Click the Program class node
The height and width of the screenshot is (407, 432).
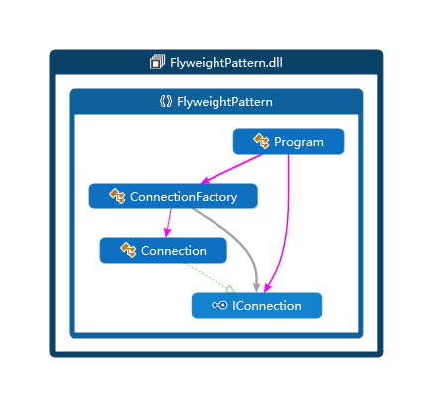(288, 142)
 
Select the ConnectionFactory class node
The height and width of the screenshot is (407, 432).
(173, 197)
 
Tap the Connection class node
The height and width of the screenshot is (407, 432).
(164, 251)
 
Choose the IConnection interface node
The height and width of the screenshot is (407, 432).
(256, 305)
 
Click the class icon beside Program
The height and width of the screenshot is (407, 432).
(261, 141)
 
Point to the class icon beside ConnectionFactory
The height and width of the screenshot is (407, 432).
(117, 196)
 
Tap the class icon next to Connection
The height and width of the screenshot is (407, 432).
(128, 250)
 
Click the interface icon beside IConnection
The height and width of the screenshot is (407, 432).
(219, 305)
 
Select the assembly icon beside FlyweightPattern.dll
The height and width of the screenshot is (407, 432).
(157, 62)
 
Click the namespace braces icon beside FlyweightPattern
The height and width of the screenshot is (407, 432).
(166, 101)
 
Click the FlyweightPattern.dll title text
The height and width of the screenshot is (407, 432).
(226, 63)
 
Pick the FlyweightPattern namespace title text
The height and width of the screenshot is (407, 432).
(224, 102)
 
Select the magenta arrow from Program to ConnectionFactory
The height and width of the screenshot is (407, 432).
(231, 169)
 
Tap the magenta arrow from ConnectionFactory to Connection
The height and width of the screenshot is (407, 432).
(169, 223)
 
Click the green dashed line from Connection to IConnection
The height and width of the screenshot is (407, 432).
(208, 276)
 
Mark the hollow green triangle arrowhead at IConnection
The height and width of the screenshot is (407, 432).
(230, 289)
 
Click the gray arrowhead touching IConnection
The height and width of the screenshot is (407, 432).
(256, 288)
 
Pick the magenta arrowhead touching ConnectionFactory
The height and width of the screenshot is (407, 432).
(206, 180)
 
